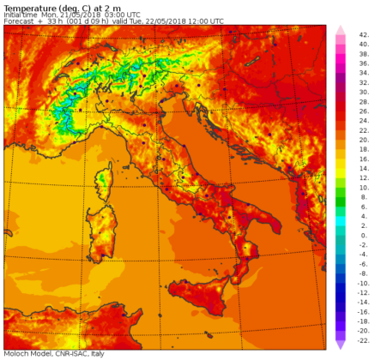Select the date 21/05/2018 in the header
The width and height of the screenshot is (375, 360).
95,14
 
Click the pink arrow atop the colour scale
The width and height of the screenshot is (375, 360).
341,30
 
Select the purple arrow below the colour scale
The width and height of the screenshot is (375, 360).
341,344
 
